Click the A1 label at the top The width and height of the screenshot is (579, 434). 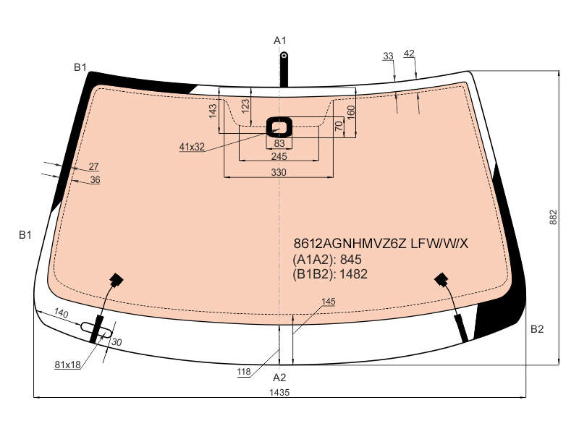(x=280, y=41)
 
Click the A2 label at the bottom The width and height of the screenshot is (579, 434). (x=279, y=378)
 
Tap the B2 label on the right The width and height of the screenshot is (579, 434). (x=537, y=329)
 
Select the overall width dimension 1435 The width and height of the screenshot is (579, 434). (x=279, y=392)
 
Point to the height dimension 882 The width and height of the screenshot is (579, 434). (x=553, y=218)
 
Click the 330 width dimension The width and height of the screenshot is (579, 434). (x=279, y=172)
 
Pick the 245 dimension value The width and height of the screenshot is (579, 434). (x=279, y=156)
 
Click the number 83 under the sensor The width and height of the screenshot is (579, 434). (x=279, y=143)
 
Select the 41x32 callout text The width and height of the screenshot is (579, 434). (x=192, y=147)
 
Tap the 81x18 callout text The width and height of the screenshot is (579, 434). (x=67, y=365)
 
